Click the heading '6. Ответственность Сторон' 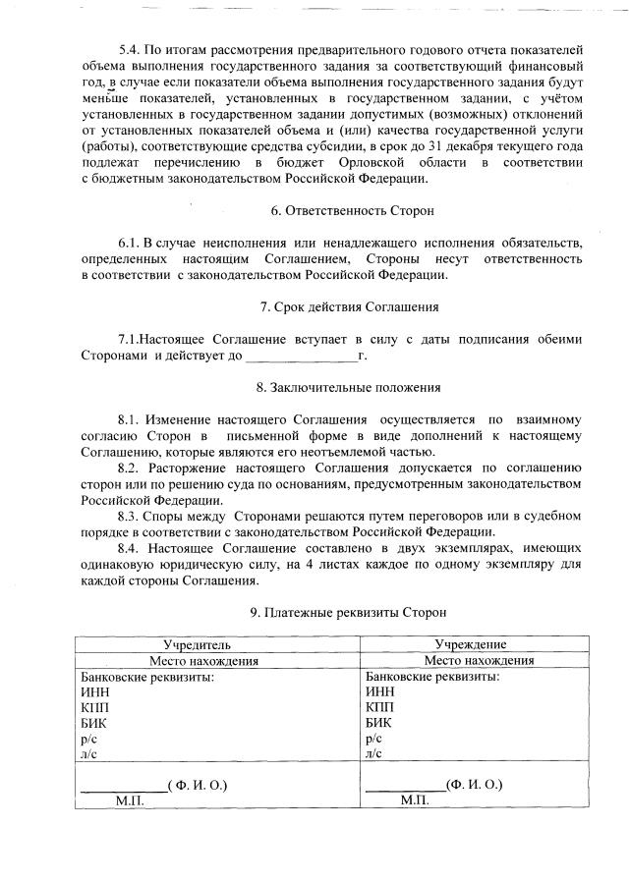(352, 211)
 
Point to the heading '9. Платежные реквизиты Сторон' (349, 612)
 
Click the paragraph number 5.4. (130, 49)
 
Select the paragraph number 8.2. (130, 467)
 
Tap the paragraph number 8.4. (130, 547)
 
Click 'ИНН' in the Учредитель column (95, 691)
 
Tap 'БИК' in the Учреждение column (378, 723)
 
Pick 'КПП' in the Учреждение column (379, 707)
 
